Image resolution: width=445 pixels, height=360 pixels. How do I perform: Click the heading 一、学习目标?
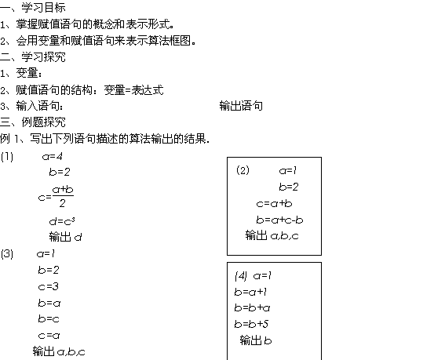tap(33, 8)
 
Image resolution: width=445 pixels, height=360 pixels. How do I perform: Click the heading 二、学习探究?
tap(33, 57)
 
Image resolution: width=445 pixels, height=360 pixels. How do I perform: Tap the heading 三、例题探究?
tap(33, 122)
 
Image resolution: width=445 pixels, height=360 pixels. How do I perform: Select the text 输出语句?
tap(241, 106)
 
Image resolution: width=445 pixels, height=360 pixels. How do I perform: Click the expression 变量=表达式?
tap(133, 90)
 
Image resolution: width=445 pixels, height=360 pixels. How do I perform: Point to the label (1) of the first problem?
tap(7, 157)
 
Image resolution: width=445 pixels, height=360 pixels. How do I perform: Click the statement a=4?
tap(53, 156)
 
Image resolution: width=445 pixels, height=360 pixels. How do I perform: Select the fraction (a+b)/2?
tap(63, 196)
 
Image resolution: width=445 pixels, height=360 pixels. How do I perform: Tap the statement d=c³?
tap(62, 221)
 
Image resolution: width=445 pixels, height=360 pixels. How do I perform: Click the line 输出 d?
tap(66, 237)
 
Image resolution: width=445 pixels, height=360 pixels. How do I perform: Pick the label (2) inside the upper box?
tap(243, 170)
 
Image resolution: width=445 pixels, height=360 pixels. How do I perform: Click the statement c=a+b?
tap(274, 203)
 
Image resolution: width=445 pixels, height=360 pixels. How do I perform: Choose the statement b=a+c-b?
tap(279, 220)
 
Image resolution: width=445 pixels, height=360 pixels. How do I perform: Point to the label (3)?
tap(7, 253)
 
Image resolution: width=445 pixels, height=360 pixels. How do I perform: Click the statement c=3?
tap(48, 286)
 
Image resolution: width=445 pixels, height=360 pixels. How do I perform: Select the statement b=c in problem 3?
tap(49, 318)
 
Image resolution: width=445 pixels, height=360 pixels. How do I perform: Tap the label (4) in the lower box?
tap(241, 276)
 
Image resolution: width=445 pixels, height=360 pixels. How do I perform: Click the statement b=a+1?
tap(250, 292)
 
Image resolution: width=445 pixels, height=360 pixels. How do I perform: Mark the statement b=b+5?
tap(251, 324)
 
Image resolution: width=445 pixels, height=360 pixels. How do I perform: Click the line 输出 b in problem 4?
tap(256, 340)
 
